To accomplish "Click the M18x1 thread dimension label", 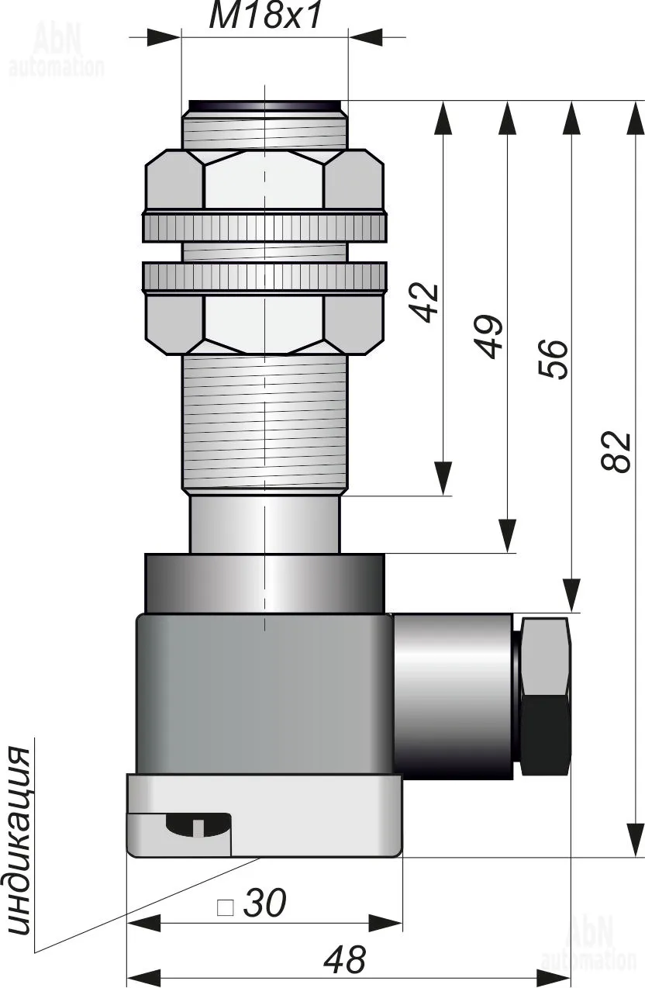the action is [x=264, y=16].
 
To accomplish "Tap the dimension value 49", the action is [x=490, y=337].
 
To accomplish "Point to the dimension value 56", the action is [x=554, y=358].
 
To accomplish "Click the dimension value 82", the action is [x=616, y=452].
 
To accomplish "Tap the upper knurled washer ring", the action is [x=264, y=226].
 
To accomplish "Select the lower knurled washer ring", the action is [x=264, y=277].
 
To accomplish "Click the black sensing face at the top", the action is [x=264, y=105].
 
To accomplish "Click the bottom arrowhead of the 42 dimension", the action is [x=443, y=478].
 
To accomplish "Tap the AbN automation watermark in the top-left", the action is [x=57, y=50].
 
